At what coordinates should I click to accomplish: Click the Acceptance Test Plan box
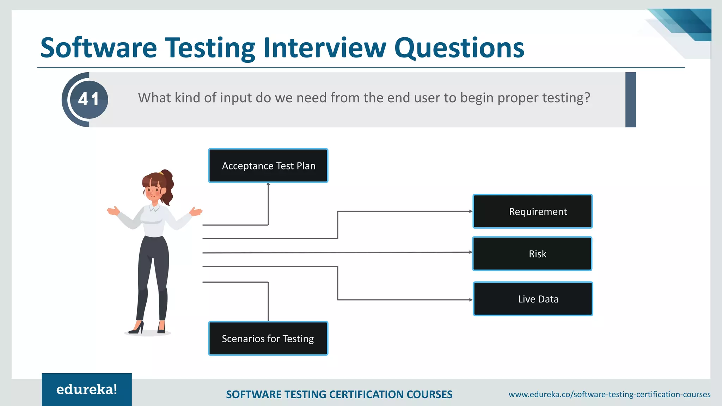point(268,166)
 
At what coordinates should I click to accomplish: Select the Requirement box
point(532,211)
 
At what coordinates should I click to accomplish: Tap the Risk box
point(532,254)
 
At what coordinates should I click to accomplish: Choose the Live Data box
point(533,299)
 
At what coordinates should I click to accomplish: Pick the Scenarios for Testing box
point(268,338)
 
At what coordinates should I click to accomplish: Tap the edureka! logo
point(87,389)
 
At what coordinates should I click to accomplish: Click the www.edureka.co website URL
point(609,394)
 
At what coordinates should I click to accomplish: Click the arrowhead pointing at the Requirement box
point(471,211)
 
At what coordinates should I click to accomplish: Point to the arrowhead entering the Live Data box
point(471,300)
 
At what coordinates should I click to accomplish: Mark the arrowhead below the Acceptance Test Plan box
point(268,184)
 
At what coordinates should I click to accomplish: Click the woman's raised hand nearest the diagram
point(196,211)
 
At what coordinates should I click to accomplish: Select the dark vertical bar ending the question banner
point(630,100)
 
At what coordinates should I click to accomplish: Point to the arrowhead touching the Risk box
point(471,252)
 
